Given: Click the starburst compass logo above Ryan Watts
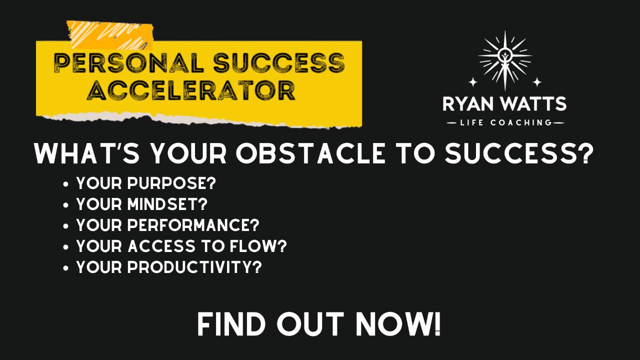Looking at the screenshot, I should pyautogui.click(x=504, y=58).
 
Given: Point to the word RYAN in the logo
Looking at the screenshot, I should pyautogui.click(x=467, y=104).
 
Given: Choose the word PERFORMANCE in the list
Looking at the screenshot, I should pyautogui.click(x=193, y=225).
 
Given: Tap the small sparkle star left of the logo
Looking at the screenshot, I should pyautogui.click(x=472, y=81).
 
